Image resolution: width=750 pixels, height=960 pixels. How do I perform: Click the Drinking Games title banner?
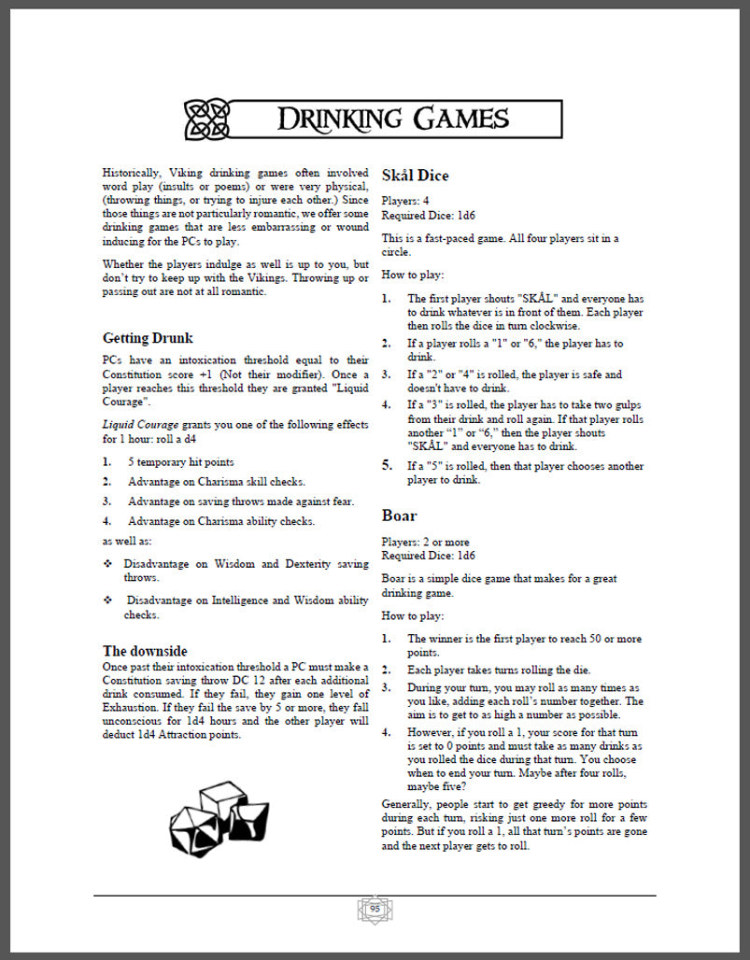click(x=392, y=119)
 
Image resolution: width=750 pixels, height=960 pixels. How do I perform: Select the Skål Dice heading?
click(x=415, y=176)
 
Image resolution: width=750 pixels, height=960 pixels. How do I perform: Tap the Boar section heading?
click(x=399, y=515)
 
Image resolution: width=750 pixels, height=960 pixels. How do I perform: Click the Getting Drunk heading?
click(x=148, y=337)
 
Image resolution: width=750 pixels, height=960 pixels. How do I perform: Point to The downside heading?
click(x=145, y=651)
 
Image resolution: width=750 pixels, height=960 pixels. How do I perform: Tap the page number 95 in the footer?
click(x=375, y=908)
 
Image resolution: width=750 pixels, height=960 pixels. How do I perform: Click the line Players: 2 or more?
click(x=425, y=542)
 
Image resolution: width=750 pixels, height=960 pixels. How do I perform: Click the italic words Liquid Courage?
click(x=140, y=424)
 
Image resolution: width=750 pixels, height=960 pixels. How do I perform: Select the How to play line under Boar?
click(x=413, y=616)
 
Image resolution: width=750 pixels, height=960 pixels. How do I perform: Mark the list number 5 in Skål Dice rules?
click(x=387, y=464)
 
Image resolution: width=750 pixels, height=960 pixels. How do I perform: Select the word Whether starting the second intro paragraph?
click(x=125, y=264)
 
